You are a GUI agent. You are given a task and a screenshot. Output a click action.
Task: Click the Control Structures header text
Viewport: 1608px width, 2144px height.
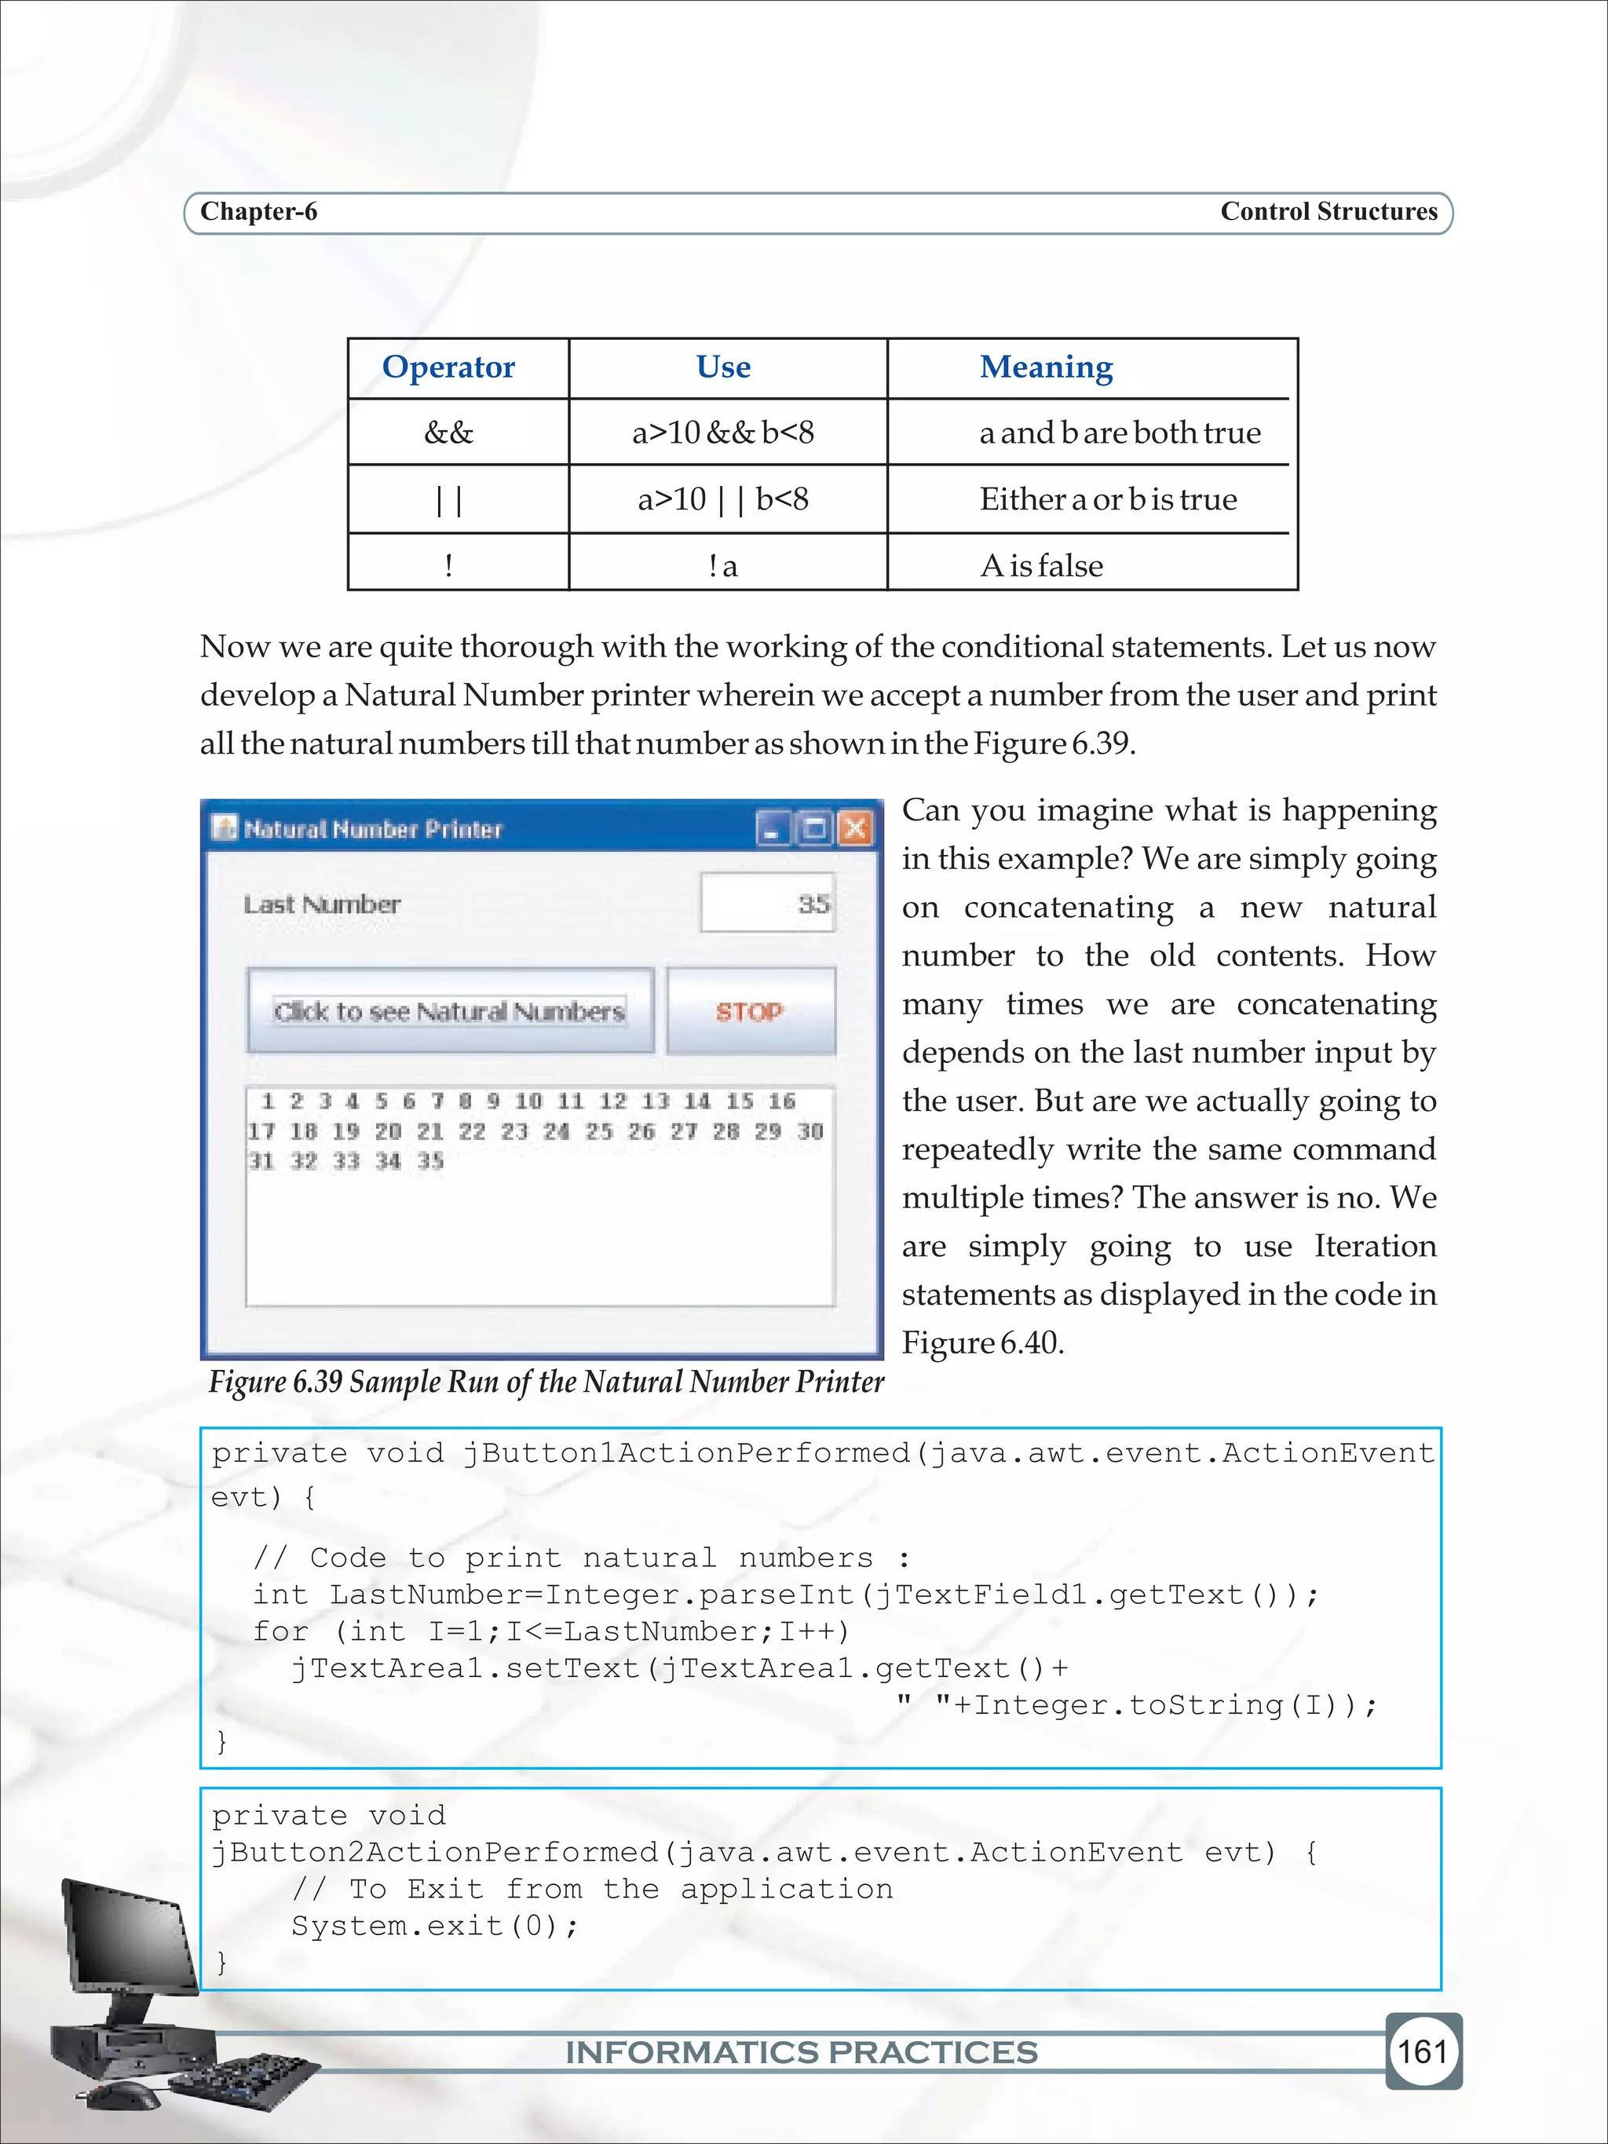pyautogui.click(x=1328, y=211)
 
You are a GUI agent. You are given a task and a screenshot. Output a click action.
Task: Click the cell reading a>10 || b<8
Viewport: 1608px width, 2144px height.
pyautogui.click(x=722, y=499)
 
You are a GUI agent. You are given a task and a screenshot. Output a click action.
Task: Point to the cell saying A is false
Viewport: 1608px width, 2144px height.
pyautogui.click(x=1041, y=565)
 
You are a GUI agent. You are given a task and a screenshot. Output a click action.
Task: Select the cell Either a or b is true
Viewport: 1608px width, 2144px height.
pyautogui.click(x=1107, y=499)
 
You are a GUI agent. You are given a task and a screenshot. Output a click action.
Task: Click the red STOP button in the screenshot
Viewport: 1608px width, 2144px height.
pyautogui.click(x=749, y=1011)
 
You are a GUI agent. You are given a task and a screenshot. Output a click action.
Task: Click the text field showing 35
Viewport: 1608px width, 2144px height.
pyautogui.click(x=766, y=904)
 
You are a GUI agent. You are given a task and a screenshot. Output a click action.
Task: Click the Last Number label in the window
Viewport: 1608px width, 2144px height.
pyautogui.click(x=322, y=904)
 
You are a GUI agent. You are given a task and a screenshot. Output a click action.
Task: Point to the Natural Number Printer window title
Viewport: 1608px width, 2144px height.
pyautogui.click(x=373, y=829)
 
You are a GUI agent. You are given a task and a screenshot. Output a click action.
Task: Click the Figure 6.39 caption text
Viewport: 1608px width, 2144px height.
pyautogui.click(x=546, y=1381)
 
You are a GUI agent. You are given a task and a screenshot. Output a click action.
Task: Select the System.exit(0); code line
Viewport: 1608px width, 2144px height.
pyautogui.click(x=434, y=1925)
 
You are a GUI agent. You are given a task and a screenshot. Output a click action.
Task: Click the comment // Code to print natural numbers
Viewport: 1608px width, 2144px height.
pyautogui.click(x=579, y=1558)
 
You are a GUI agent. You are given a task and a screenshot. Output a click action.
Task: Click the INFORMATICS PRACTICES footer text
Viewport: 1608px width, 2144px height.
pyautogui.click(x=801, y=2052)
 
